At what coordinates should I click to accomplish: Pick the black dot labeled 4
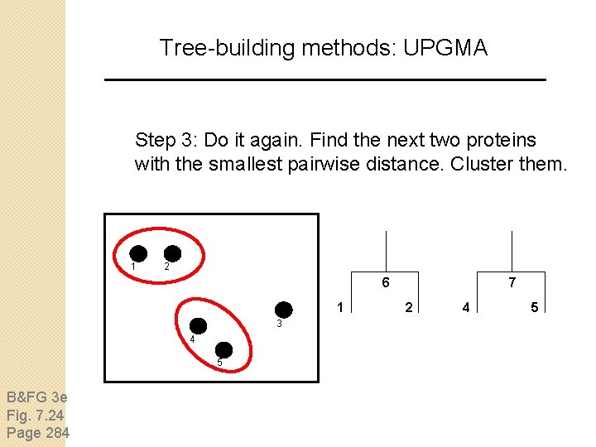tap(199, 326)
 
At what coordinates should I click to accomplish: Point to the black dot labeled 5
tap(223, 350)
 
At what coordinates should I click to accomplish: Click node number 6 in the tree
tap(386, 283)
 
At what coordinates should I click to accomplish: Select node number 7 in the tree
tap(512, 283)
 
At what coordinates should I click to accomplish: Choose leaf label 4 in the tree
tap(467, 308)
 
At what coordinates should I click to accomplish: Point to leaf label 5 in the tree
tap(534, 308)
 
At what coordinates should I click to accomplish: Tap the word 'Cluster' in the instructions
tap(480, 163)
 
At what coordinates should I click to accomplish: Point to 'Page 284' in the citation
tap(38, 432)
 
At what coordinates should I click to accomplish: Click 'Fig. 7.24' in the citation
tap(35, 414)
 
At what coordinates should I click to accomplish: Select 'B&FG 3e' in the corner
tap(36, 396)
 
